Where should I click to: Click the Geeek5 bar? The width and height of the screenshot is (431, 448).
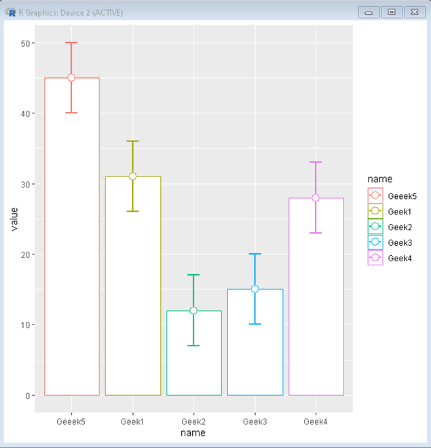tap(71, 238)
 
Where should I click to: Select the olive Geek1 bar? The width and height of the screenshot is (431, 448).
tap(132, 285)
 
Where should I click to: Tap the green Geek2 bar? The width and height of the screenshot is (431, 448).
tap(193, 353)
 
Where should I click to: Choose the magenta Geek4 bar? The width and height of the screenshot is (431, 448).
tap(316, 299)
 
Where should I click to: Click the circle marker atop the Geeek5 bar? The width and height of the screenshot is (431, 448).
tap(71, 78)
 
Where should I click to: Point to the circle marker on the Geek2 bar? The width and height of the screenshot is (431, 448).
tap(193, 311)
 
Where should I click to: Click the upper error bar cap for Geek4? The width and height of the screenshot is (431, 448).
tap(316, 162)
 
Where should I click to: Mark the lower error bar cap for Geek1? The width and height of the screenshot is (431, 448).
tap(132, 211)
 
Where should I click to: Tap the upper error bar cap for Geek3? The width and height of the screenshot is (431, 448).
tap(255, 254)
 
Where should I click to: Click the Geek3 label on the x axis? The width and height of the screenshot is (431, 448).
tap(255, 422)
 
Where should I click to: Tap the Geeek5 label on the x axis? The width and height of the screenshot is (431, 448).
tap(71, 422)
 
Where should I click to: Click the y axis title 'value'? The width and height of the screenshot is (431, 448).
tap(14, 219)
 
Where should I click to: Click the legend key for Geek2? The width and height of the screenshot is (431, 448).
tap(375, 227)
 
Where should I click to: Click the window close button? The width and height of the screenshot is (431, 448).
tap(412, 12)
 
